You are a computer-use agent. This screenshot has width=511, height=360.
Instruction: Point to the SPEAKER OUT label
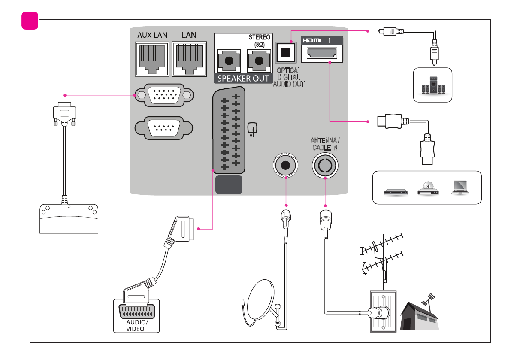(x=243, y=79)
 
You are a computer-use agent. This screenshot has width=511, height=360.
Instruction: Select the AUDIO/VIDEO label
(x=136, y=325)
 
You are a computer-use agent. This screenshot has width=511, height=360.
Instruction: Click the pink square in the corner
(x=30, y=21)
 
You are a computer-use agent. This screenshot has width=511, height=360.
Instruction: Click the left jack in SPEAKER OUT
(x=229, y=61)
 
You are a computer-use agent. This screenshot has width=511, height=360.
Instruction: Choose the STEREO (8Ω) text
(x=259, y=41)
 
